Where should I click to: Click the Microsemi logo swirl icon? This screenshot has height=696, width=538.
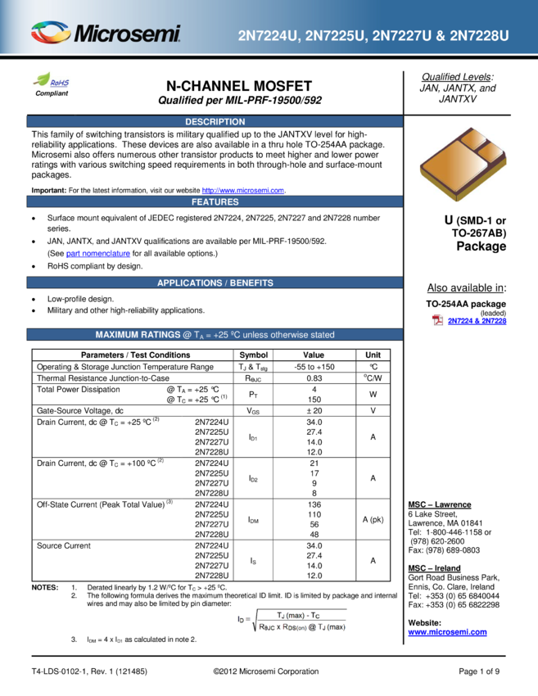click(x=51, y=33)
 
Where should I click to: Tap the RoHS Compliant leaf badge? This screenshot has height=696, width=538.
click(x=52, y=84)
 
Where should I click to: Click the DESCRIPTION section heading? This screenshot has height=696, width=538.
click(x=215, y=122)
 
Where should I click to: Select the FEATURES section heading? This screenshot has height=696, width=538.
click(x=215, y=202)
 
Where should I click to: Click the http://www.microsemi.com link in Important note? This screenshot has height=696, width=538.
click(x=243, y=191)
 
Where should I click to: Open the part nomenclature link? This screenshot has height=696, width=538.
click(x=98, y=254)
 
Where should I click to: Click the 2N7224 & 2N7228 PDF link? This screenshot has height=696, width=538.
click(x=477, y=321)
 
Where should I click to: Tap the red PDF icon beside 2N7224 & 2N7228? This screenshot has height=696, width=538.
click(x=437, y=320)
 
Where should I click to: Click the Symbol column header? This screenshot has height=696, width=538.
click(x=254, y=355)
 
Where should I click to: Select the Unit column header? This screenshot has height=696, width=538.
click(x=373, y=355)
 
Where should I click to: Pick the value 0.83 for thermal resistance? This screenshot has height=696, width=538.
click(x=314, y=378)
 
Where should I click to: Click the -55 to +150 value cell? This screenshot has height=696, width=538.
click(x=314, y=367)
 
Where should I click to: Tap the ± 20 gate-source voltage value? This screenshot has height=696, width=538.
click(x=314, y=410)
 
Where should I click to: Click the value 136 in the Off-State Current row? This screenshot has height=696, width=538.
click(x=314, y=504)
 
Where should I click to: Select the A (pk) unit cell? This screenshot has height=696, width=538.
click(x=373, y=519)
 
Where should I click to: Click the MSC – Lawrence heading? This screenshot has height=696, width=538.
click(x=440, y=504)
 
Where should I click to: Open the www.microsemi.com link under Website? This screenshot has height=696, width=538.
click(x=447, y=632)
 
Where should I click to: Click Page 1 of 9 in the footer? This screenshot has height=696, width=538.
click(x=479, y=671)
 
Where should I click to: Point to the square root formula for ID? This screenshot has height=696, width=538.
click(x=292, y=620)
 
